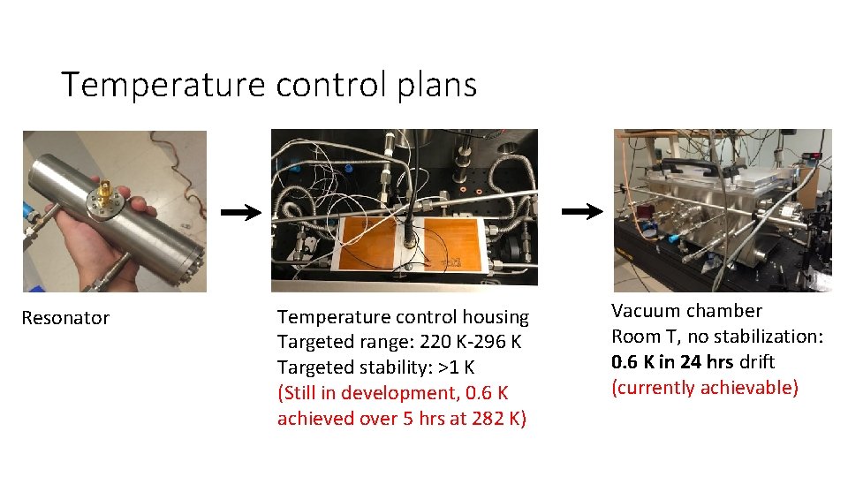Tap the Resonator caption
(65, 318)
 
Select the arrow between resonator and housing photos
(240, 212)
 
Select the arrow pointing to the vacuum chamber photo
(580, 212)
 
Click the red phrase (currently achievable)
(704, 387)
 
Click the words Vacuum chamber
(686, 311)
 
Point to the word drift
(758, 362)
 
